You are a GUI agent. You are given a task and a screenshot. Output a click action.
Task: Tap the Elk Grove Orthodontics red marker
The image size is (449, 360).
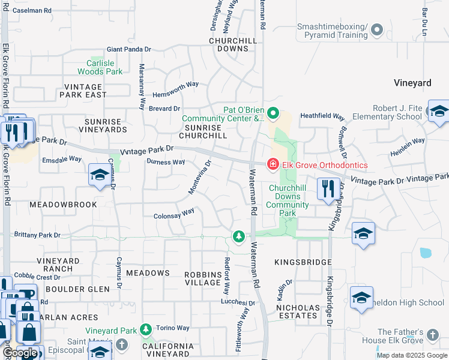coord(273,164)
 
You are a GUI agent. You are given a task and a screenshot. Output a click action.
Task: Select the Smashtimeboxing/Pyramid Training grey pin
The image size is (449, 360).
coord(377,29)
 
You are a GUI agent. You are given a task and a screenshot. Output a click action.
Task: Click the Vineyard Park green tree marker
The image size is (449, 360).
coord(145,330)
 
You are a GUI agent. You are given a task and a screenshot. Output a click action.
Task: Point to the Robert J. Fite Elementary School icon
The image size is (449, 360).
coord(439,112)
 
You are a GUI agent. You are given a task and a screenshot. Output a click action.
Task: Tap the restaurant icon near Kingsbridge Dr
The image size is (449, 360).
coord(328,189)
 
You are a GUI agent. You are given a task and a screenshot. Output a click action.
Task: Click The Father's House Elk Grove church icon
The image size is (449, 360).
coord(432,334)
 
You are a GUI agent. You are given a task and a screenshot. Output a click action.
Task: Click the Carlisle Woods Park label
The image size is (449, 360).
coord(104,67)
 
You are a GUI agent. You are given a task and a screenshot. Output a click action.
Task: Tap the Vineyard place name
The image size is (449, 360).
coord(412,83)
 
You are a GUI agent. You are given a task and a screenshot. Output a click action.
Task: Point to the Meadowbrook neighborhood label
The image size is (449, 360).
coord(63,205)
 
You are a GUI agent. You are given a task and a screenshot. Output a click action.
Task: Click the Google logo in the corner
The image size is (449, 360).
coord(20,353)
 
